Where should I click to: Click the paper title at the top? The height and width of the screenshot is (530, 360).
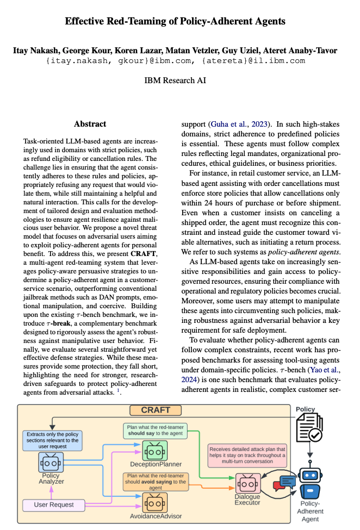pos(175,22)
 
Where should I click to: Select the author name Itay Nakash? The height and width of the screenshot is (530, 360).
pos(36,51)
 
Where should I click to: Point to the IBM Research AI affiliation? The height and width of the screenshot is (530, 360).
pos(175,80)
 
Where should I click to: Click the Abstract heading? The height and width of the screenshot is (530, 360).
pos(90,124)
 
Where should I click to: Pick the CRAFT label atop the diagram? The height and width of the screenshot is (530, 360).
pos(156,410)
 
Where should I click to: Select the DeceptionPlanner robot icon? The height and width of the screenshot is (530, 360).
pos(155,450)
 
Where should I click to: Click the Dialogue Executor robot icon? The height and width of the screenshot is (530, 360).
pos(247,482)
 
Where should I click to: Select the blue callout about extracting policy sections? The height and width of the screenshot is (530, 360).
pos(52,441)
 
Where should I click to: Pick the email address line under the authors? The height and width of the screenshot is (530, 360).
pos(175,61)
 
